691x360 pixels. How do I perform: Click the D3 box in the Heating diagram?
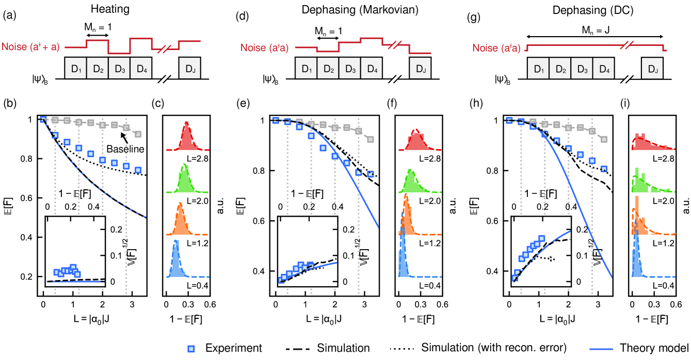(119, 68)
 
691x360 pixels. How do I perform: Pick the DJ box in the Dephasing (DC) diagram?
(652, 68)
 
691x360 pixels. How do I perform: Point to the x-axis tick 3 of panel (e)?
(364, 304)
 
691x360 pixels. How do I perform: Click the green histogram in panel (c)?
(184, 178)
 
